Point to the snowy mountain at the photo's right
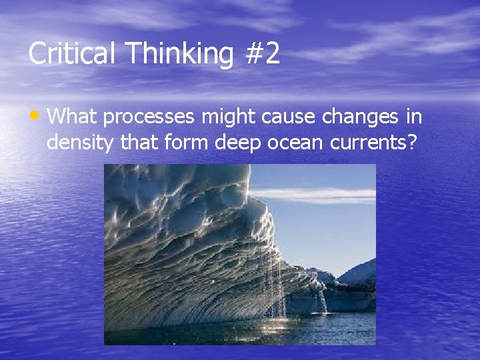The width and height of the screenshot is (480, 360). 360,273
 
